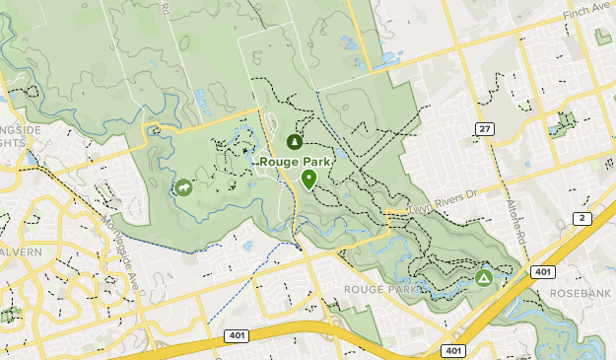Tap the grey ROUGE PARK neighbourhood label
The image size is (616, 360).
tap(380, 289)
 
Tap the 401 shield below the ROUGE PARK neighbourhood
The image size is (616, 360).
tap(452, 350)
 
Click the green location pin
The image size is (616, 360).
tap(308, 179)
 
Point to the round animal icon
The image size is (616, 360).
tap(183, 187)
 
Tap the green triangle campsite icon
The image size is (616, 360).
tap(484, 279)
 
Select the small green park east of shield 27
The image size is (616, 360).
tap(564, 123)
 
